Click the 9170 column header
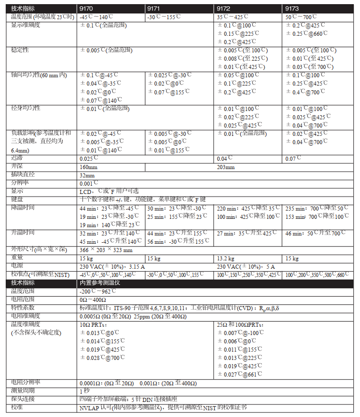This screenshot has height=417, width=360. [87, 9]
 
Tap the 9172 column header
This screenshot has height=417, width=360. [224, 9]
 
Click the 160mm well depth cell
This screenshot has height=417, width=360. [89, 168]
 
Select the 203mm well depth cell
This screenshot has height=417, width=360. [226, 168]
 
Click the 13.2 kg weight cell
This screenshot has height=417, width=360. [226, 258]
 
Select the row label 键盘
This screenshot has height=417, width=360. [17, 199]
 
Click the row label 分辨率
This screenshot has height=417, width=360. [20, 183]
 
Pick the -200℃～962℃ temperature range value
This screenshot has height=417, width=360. [98, 291]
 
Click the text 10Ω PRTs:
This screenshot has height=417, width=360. [93, 325]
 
